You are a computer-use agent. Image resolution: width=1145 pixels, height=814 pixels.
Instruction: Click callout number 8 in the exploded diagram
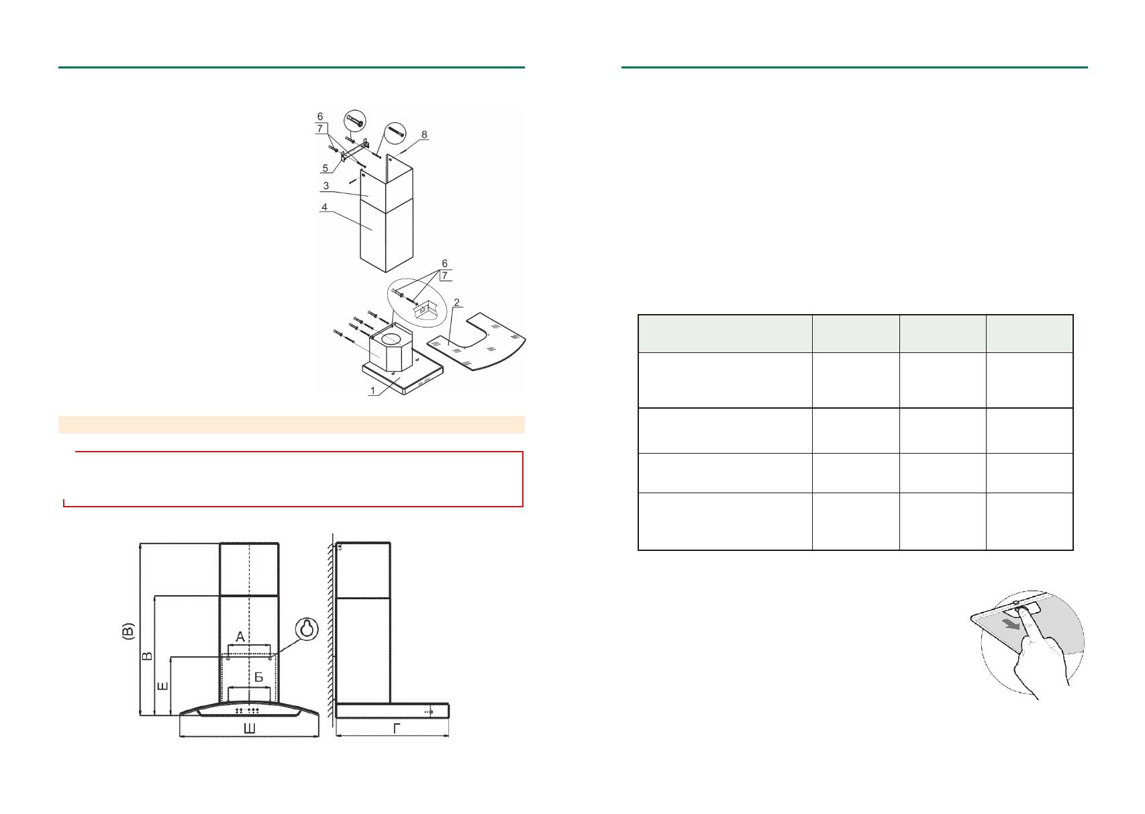tap(424, 135)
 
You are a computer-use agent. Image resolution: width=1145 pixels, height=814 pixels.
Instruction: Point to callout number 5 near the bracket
tap(326, 168)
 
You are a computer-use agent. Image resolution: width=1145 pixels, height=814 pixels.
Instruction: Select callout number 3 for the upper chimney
tap(326, 186)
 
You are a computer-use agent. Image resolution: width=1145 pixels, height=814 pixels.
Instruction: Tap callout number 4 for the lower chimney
tap(324, 207)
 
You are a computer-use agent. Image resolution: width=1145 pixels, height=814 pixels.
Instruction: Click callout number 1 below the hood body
tap(372, 391)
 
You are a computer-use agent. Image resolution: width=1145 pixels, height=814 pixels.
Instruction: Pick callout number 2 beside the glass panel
tap(456, 303)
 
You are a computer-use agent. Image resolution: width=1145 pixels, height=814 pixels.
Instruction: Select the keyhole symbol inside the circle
tap(307, 629)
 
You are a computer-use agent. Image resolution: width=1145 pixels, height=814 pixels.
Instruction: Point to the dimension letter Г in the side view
tap(397, 728)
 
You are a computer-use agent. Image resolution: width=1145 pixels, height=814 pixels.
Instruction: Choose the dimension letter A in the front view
tap(240, 636)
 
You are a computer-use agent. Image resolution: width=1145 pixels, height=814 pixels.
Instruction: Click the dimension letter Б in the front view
tap(258, 678)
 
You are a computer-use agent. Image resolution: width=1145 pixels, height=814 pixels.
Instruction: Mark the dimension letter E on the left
tap(162, 686)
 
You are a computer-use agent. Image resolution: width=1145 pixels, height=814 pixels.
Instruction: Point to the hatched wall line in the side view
tap(330, 631)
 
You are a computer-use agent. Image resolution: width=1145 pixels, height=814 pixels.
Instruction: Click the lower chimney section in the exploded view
tap(386, 235)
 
